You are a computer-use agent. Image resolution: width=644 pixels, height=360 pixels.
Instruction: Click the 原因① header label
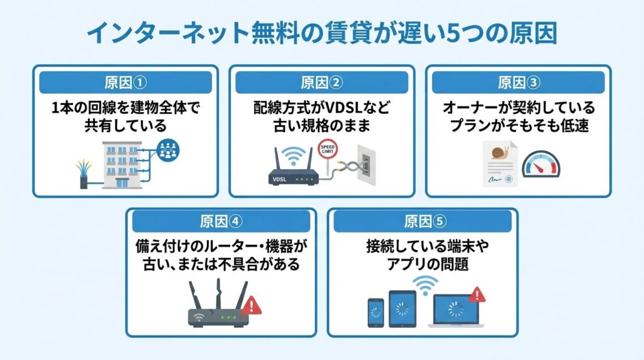(126, 82)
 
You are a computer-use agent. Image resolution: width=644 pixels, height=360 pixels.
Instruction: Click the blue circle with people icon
(168, 149)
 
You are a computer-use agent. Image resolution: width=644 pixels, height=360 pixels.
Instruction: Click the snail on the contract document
(500, 152)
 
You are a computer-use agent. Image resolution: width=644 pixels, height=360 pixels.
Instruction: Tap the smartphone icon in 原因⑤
(375, 312)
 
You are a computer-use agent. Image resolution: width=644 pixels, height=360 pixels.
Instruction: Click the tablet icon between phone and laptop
(402, 308)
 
